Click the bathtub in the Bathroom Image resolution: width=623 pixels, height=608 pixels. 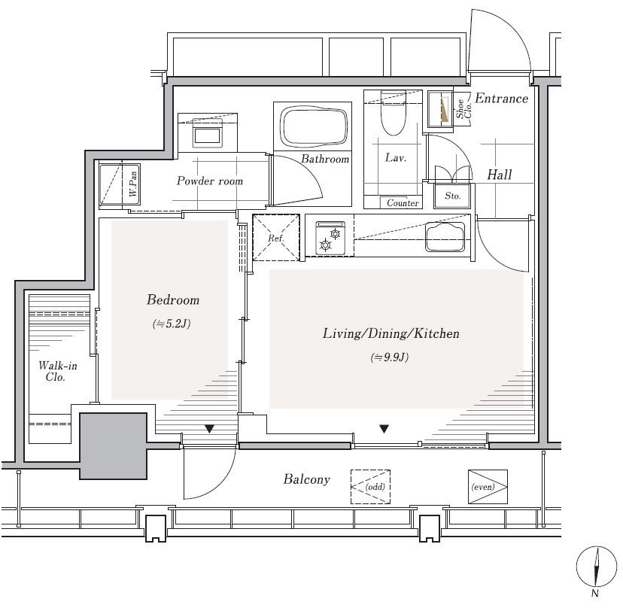coord(314,126)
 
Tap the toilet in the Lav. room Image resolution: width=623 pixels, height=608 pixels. coord(394,112)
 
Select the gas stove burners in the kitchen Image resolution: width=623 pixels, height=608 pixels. coord(330,239)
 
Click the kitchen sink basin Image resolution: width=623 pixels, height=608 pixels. coord(445,237)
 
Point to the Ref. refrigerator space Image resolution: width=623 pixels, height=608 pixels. coord(276,238)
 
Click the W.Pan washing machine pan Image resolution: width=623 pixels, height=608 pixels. coord(119,185)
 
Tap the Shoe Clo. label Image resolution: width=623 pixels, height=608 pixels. coord(463,108)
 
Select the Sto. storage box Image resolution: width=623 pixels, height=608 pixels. coord(452,196)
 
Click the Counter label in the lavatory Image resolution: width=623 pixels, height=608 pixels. coord(403,203)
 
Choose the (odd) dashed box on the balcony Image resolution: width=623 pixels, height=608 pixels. coord(370,487)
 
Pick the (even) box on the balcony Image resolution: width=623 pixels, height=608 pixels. coord(488,487)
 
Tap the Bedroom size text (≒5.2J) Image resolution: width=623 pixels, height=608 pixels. coord(172,324)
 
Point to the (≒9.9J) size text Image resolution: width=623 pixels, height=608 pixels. coord(390,357)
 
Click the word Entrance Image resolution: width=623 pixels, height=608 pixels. coord(501,98)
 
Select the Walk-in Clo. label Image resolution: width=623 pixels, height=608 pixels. coord(58,371)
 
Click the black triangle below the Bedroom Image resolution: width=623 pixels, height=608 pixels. coord(209,429)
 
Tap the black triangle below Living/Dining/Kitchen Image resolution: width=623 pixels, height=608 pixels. coord(384,429)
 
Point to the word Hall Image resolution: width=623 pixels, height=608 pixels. coord(500,175)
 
